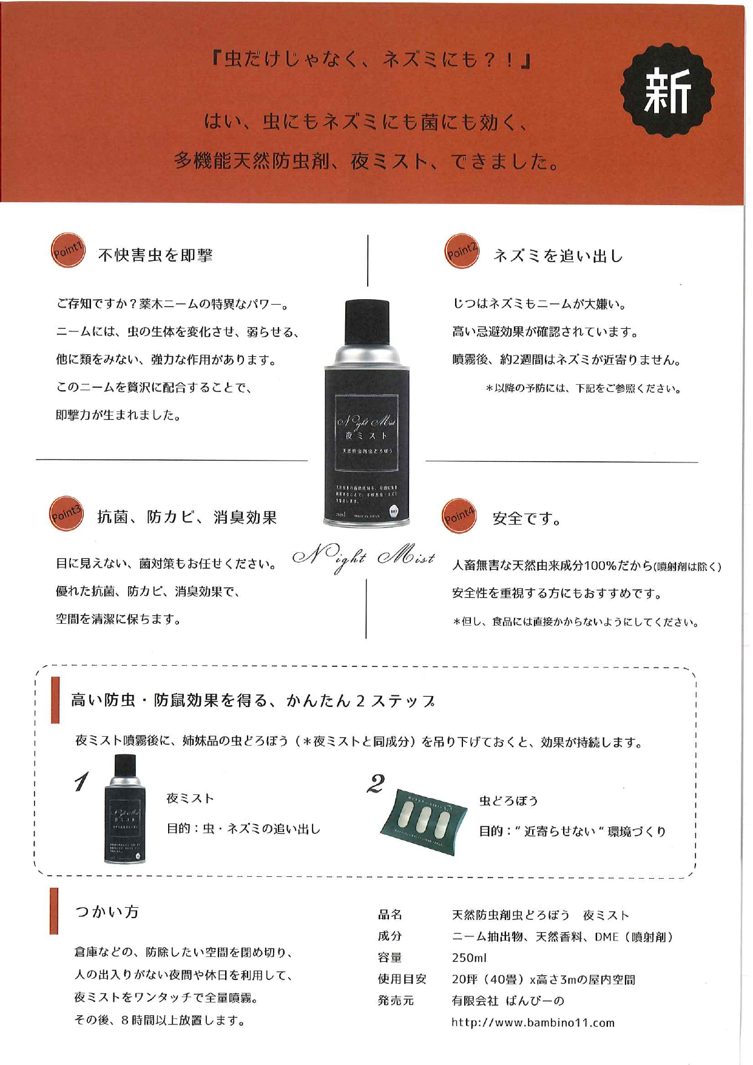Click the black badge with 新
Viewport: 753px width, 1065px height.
667,90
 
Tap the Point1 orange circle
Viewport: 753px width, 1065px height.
67,250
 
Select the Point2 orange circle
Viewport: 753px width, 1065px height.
461,251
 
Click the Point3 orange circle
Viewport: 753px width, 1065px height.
66,514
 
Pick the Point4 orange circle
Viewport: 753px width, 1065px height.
459,516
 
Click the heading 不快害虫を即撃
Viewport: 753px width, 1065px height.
155,255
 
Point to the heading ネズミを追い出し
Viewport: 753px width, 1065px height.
558,256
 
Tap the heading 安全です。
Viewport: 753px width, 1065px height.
527,519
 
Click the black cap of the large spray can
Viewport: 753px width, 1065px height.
367,321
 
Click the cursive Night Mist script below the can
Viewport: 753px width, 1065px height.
364,558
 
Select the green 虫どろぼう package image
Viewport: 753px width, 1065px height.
422,822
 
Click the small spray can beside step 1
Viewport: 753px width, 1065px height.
124,809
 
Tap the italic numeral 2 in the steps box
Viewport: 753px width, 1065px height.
376,783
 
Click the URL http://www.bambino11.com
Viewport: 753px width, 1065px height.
533,1023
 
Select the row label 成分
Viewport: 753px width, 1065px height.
390,936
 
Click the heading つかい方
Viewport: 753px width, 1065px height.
107,911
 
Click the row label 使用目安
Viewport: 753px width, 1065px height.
402,979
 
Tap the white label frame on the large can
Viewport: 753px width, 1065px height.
368,431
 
